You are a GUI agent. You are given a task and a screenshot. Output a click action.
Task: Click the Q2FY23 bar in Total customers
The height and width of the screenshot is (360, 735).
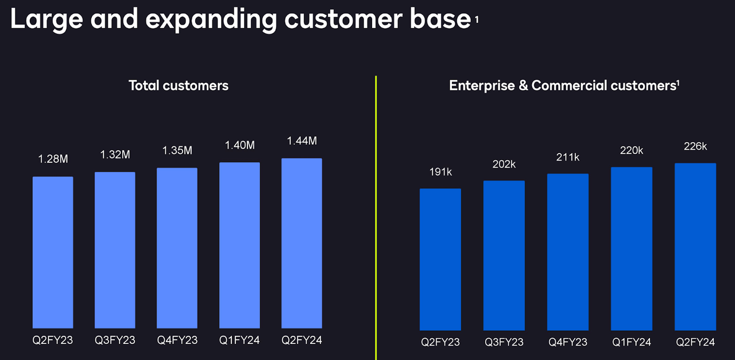[x=53, y=252]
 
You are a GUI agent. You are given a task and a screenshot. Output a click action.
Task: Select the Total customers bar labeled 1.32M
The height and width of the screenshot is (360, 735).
[x=115, y=250]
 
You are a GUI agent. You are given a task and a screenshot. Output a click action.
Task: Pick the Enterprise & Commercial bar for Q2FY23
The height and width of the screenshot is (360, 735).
[x=440, y=259]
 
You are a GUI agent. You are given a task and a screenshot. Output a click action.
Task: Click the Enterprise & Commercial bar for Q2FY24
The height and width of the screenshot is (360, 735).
[x=695, y=246]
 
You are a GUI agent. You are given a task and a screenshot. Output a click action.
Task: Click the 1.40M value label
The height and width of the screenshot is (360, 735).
[x=239, y=145]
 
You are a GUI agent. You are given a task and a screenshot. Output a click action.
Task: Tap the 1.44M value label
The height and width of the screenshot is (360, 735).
[x=301, y=141]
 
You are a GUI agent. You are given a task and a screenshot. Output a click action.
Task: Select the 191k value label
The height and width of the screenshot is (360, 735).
[x=440, y=172]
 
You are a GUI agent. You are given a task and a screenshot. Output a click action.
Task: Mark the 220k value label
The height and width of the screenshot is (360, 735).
[x=632, y=151]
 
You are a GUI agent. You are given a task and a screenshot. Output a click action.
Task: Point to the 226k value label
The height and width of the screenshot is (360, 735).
[x=695, y=146]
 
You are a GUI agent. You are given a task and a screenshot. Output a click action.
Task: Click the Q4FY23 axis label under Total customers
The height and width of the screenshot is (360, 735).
[x=177, y=340]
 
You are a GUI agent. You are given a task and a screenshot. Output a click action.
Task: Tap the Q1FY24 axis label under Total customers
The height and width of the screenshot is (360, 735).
[x=239, y=340]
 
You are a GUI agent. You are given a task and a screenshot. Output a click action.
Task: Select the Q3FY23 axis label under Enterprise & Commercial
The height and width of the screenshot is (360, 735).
[x=504, y=342]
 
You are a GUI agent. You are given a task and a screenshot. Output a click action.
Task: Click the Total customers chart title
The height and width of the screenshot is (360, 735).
[x=179, y=86]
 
